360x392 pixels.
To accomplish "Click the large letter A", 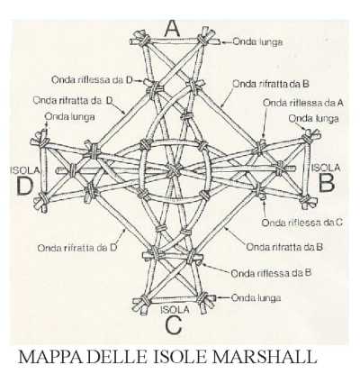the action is pyautogui.click(x=173, y=29).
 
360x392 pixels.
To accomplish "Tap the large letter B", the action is pyautogui.click(x=327, y=184).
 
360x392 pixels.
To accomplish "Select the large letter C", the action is pyautogui.click(x=174, y=325).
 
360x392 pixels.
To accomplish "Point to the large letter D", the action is pyautogui.click(x=24, y=187).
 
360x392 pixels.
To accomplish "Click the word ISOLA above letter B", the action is pyautogui.click(x=326, y=168).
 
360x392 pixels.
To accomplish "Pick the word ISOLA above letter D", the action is pyautogui.click(x=24, y=170).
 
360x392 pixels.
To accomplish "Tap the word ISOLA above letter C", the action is pyautogui.click(x=175, y=309).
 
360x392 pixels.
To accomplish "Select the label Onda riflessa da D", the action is pyautogui.click(x=92, y=80).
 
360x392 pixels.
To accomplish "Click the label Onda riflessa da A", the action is pyautogui.click(x=302, y=103).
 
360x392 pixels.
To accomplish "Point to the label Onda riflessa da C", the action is pyautogui.click(x=301, y=223).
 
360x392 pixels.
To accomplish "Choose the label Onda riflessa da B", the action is pyautogui.click(x=271, y=273).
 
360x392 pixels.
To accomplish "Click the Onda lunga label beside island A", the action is pyautogui.click(x=257, y=41).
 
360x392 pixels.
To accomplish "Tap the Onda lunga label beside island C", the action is pyautogui.click(x=256, y=298).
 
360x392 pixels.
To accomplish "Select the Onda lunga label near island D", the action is pyautogui.click(x=69, y=116).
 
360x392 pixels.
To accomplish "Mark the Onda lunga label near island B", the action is pyautogui.click(x=313, y=119).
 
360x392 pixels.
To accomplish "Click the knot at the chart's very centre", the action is pyautogui.click(x=174, y=171).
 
